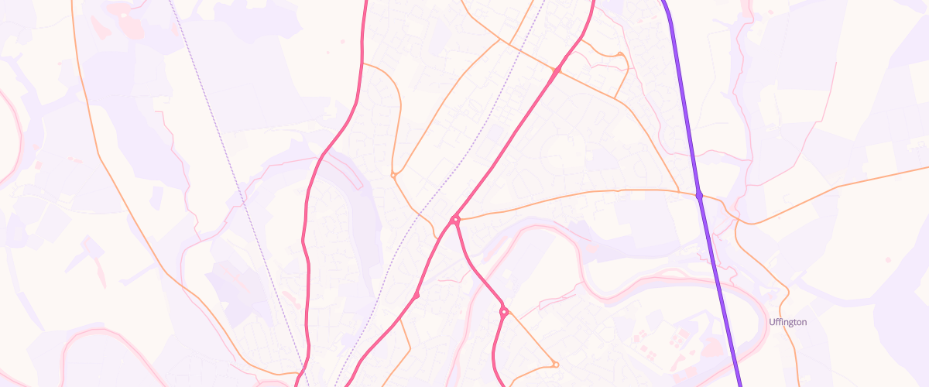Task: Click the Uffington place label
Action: pyautogui.click(x=788, y=322)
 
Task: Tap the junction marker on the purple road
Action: pyautogui.click(x=699, y=196)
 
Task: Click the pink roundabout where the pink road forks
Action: pyautogui.click(x=455, y=221)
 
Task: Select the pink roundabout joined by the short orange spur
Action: pyautogui.click(x=503, y=312)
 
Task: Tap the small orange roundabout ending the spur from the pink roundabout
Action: pyautogui.click(x=555, y=364)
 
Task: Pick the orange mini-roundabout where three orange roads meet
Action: pyautogui.click(x=393, y=176)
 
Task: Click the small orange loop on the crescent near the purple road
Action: pyautogui.click(x=620, y=54)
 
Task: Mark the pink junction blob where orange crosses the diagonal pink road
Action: pyautogui.click(x=556, y=71)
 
